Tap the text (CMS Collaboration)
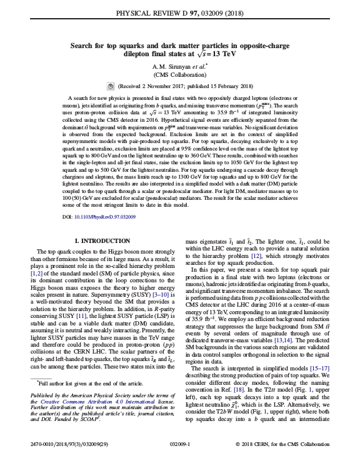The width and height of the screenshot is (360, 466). pos(179,75)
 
